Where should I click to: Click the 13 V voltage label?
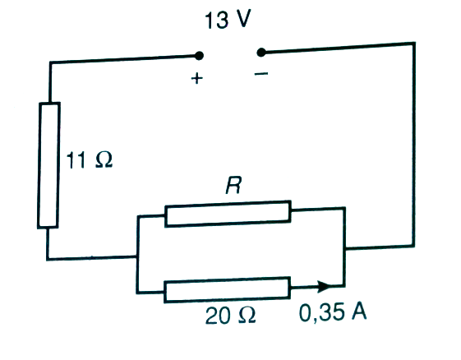pos(228,20)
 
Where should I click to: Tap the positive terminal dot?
pos(199,56)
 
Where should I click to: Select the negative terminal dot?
pos(260,53)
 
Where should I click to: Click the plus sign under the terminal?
pos(197,79)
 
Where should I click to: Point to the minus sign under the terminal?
pos(261,73)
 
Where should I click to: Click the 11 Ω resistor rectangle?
pos(48,165)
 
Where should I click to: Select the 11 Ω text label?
pos(90,160)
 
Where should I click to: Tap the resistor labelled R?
pos(228,214)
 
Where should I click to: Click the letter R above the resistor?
pos(233,185)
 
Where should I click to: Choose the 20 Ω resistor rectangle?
pos(228,289)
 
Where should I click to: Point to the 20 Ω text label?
pos(230,316)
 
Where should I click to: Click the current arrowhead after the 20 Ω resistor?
pos(325,287)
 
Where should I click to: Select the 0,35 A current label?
pos(333,312)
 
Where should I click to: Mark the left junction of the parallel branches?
pos(137,256)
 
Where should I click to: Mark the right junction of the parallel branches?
pos(345,248)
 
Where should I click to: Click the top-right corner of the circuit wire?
pos(414,44)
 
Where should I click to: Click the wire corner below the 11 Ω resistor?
pos(48,260)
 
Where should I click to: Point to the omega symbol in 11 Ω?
pos(104,160)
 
